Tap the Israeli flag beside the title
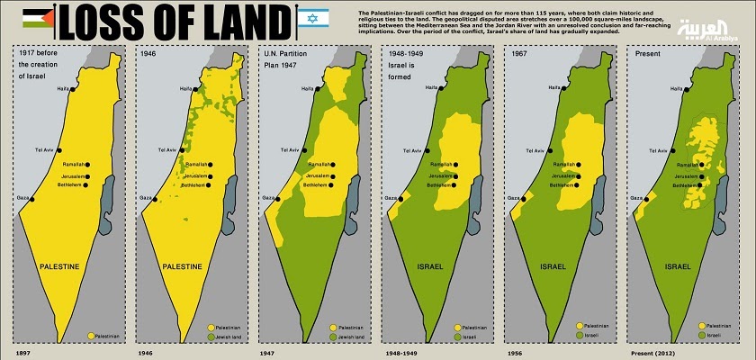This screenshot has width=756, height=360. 312,17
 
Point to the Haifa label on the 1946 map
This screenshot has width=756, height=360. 184,88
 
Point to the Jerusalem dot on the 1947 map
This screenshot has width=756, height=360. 332,175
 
